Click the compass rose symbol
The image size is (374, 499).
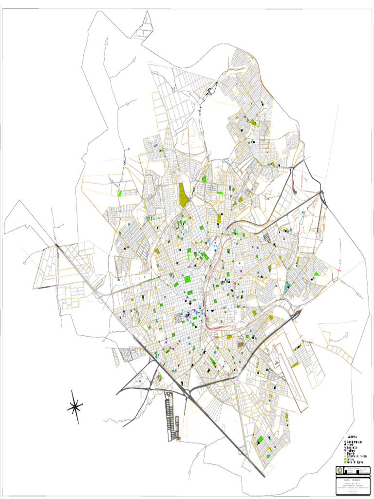pyautogui.click(x=75, y=406)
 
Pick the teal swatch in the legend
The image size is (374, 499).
pyautogui.click(x=346, y=447)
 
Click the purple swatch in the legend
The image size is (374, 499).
pyautogui.click(x=346, y=450)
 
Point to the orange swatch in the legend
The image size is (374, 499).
pyautogui.click(x=346, y=453)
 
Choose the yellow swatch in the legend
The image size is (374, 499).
pyautogui.click(x=346, y=456)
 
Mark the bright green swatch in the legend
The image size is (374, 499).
pyautogui.click(x=346, y=459)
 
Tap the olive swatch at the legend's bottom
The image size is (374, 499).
pyautogui.click(x=346, y=461)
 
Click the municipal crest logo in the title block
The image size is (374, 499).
pyautogui.click(x=339, y=470)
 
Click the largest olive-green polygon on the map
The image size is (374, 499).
pyautogui.click(x=184, y=195)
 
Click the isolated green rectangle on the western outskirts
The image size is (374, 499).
pyautogui.click(x=120, y=193)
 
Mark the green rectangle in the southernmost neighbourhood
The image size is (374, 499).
pyautogui.click(x=261, y=440)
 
